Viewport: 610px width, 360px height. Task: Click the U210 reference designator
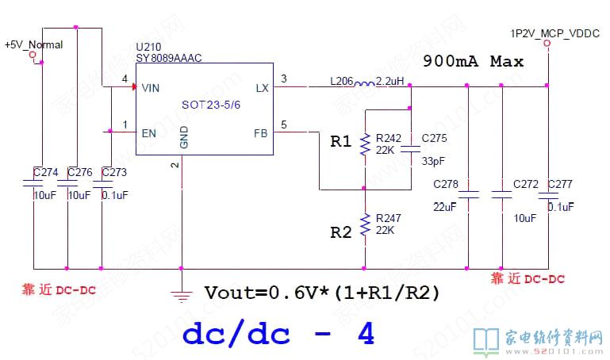pos(147,47)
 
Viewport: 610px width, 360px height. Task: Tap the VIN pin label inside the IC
pos(150,88)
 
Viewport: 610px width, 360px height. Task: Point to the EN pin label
pos(148,132)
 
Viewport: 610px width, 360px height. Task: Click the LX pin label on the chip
pos(262,88)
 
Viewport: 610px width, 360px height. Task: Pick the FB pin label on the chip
pos(261,132)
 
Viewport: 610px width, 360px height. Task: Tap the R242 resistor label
pos(389,138)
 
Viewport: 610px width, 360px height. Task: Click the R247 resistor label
pos(389,216)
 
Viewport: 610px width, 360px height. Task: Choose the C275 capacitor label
pos(435,138)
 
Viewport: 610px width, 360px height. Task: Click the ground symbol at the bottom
pos(182,296)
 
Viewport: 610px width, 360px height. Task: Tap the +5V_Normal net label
pos(33,44)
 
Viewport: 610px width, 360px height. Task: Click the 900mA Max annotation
pos(473,61)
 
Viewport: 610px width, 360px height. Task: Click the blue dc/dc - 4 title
pos(278,334)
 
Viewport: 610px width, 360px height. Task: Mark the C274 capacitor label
pos(46,171)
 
